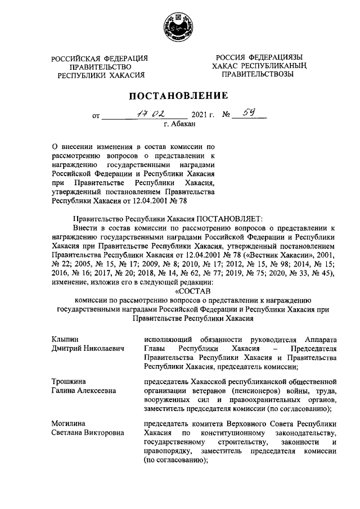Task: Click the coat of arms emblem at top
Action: pyautogui.click(x=179, y=25)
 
